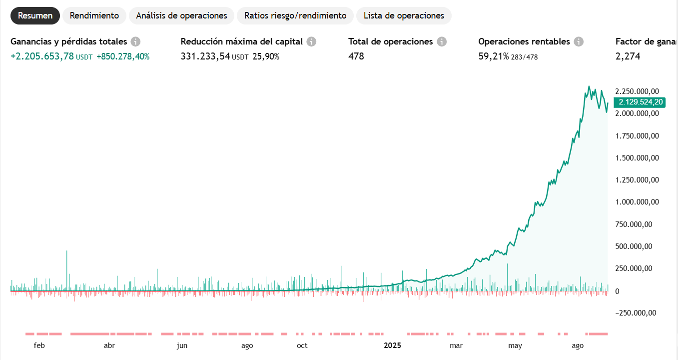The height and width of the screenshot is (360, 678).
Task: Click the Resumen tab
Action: pyautogui.click(x=35, y=15)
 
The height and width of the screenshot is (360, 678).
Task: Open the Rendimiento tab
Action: pyautogui.click(x=94, y=15)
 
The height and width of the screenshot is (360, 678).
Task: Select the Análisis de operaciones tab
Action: pyautogui.click(x=181, y=15)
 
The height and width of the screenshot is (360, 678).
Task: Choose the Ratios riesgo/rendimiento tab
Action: pyautogui.click(x=295, y=15)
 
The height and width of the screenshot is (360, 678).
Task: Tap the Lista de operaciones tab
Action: pyautogui.click(x=404, y=15)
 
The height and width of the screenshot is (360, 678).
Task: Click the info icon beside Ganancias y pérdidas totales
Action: pyautogui.click(x=135, y=41)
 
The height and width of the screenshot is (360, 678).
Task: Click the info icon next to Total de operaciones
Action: pyautogui.click(x=441, y=41)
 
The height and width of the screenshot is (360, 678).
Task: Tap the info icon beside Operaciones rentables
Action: pyautogui.click(x=579, y=41)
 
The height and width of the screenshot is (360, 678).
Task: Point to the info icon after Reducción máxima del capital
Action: pyautogui.click(x=311, y=41)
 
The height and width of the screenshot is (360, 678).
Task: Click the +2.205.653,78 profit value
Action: pyautogui.click(x=42, y=56)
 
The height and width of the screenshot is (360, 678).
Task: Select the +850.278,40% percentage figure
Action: pyautogui.click(x=123, y=56)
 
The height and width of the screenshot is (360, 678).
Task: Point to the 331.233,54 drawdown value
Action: pyautogui.click(x=205, y=56)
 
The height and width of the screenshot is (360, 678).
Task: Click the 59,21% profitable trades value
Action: pyautogui.click(x=493, y=56)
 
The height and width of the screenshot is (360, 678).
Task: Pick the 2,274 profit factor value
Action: pyautogui.click(x=628, y=56)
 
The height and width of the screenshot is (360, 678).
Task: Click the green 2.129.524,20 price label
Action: pyautogui.click(x=641, y=102)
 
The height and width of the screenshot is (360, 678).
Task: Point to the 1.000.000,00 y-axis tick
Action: pyautogui.click(x=636, y=202)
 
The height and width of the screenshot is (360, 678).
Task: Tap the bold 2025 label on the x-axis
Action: pyautogui.click(x=393, y=345)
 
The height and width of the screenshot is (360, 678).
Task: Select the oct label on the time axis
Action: pyautogui.click(x=302, y=345)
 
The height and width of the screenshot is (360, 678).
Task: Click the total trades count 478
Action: pyautogui.click(x=356, y=56)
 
